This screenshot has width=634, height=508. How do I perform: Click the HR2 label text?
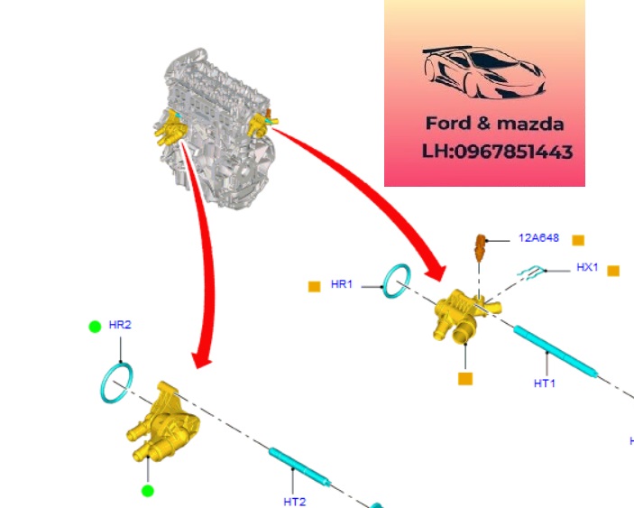point(120,325)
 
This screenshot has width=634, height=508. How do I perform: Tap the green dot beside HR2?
point(95,326)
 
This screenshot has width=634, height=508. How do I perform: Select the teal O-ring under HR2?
point(117,383)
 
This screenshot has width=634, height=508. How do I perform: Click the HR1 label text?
point(342,284)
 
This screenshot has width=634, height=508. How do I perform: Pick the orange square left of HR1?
point(314,286)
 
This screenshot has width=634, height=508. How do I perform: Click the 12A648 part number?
point(538,239)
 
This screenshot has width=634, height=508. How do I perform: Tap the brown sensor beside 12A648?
point(481,246)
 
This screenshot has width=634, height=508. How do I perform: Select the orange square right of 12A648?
point(578,240)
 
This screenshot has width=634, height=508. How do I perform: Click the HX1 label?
point(587,268)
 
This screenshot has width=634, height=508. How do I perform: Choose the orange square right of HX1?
point(613,270)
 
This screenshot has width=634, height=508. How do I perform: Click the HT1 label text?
point(544,383)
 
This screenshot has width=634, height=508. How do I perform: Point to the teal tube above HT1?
point(556,350)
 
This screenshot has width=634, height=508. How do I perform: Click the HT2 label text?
point(295,501)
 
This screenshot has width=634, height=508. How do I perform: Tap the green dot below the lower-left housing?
point(148,491)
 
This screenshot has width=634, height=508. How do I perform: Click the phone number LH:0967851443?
point(497,152)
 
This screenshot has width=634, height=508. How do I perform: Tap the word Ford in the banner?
point(449,124)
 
